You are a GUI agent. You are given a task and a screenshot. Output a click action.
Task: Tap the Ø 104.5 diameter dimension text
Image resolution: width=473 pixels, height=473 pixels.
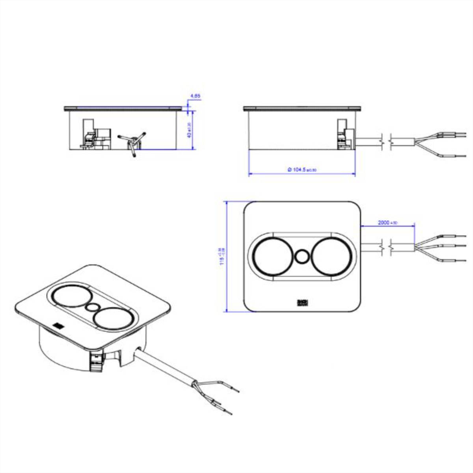302,169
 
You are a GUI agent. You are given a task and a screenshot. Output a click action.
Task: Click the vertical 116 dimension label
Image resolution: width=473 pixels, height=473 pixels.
222,256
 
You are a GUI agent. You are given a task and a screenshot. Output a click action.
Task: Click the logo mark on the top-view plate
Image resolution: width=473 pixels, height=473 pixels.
302,303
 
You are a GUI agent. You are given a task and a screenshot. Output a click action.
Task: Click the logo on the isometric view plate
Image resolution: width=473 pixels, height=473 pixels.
58,326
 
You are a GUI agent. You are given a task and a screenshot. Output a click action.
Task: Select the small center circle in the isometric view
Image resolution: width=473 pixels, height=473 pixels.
93,307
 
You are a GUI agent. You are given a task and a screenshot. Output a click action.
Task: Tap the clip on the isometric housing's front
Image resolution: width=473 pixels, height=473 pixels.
95,359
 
